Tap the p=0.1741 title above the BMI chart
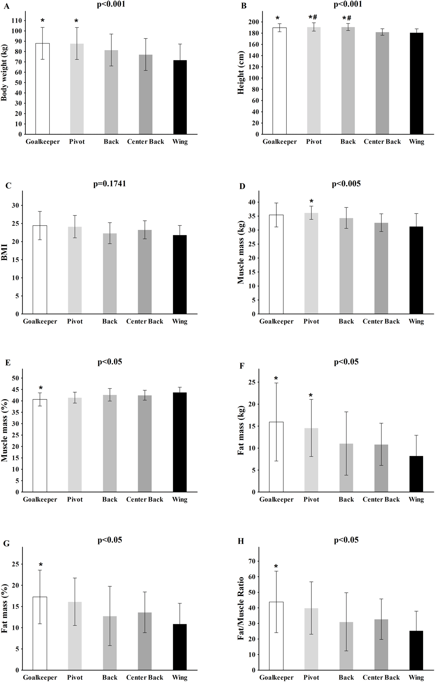coord(109,184)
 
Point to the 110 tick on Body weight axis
coord(17,21)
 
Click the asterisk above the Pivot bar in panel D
coord(311,202)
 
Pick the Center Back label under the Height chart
coord(382,142)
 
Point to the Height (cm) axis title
coord(241,73)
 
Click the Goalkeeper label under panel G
coord(40,678)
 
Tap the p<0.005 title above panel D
coord(346,184)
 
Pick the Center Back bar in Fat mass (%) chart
coord(145,641)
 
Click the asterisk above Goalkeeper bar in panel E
coord(40,387)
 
